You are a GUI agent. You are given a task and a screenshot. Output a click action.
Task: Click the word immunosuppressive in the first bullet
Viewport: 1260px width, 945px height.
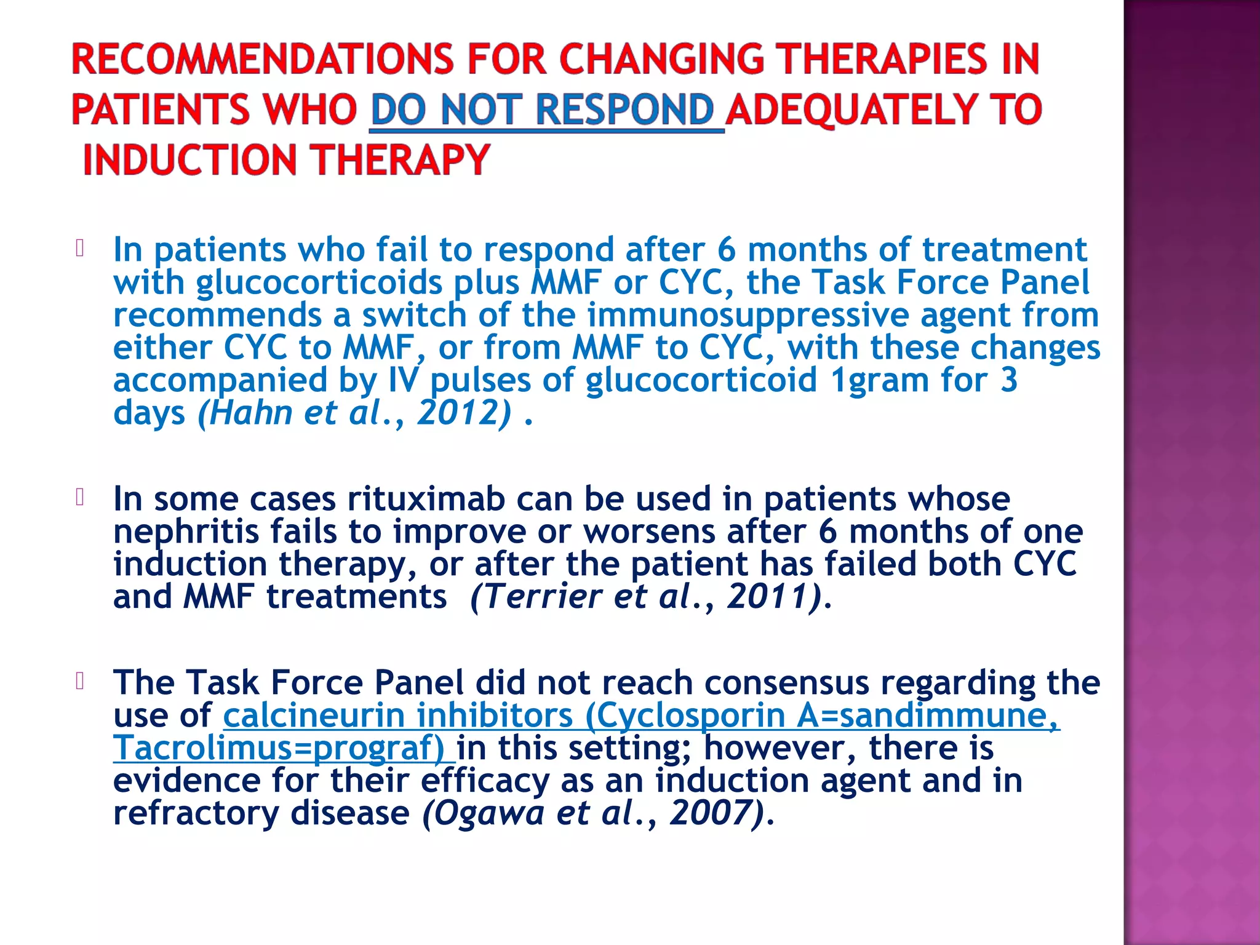pos(748,315)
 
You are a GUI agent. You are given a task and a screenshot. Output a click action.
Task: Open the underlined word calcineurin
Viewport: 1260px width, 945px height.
pos(314,716)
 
